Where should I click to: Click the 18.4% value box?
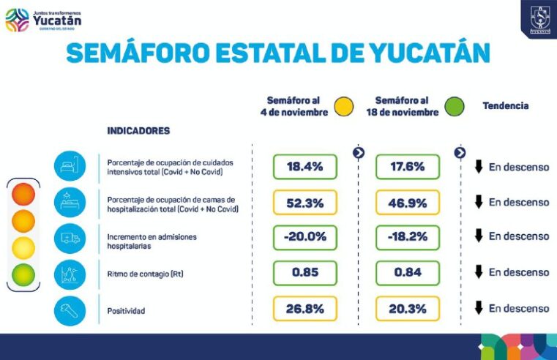click(x=304, y=167)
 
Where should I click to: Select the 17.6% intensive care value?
click(x=407, y=167)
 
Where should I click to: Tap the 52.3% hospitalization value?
click(x=304, y=203)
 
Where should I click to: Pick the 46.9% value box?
click(x=407, y=203)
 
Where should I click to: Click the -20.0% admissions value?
click(x=304, y=237)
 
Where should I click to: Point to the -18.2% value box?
click(x=407, y=237)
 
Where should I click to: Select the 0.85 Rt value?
click(x=304, y=273)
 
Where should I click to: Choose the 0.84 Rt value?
click(x=407, y=273)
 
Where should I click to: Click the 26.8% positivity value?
click(x=304, y=309)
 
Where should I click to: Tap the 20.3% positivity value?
click(x=407, y=309)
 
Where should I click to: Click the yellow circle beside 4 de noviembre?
click(x=343, y=106)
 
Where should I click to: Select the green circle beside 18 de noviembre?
click(x=455, y=106)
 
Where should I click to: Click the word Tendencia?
click(x=505, y=106)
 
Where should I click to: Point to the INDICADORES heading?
click(x=138, y=131)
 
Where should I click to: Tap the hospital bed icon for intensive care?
click(x=70, y=166)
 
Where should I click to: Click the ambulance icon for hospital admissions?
click(x=70, y=238)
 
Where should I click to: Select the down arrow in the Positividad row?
click(x=479, y=308)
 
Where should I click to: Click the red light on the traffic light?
click(x=23, y=195)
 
